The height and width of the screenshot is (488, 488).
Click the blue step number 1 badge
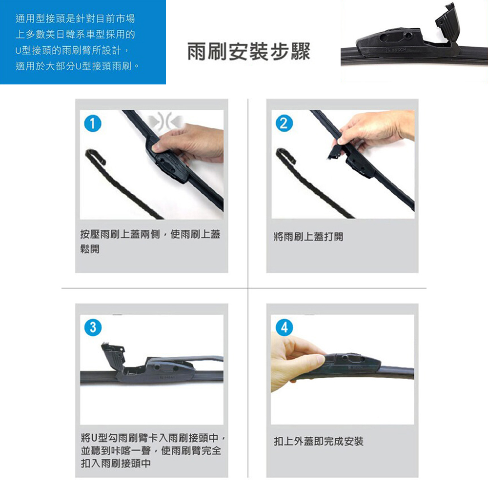(x=93, y=123)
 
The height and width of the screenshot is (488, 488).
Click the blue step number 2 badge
(x=284, y=123)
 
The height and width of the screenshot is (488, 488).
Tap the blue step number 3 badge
(x=93, y=327)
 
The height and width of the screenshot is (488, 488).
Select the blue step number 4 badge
(x=284, y=327)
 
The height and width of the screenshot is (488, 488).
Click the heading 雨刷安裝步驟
(x=249, y=51)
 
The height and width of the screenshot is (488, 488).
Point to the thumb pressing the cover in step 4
(x=308, y=360)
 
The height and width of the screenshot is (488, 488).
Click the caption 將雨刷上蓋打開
(x=308, y=237)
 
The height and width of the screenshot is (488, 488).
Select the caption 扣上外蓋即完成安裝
(x=318, y=441)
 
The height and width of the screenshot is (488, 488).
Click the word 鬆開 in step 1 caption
(x=90, y=249)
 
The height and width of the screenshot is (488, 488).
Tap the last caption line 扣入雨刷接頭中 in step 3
(x=116, y=464)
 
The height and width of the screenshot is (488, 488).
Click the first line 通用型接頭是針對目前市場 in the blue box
(x=75, y=19)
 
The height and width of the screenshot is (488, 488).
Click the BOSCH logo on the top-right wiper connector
(x=396, y=50)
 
